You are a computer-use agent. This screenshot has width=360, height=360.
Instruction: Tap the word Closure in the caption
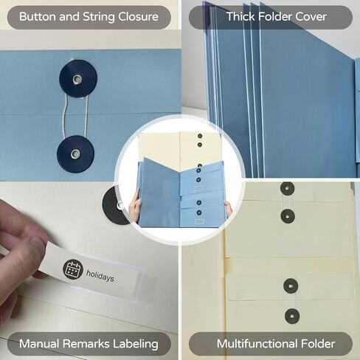coord(138,17)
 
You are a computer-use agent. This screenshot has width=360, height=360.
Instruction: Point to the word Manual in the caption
coord(39,344)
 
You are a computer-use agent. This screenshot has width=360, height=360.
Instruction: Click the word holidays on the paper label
coord(100,276)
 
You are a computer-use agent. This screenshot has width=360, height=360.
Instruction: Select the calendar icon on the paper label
coord(72,269)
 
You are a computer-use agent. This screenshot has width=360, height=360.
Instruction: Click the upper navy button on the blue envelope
coord(78,79)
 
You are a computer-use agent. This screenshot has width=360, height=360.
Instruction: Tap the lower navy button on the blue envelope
coord(75,154)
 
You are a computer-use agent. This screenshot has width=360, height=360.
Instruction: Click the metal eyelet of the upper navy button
coord(77,79)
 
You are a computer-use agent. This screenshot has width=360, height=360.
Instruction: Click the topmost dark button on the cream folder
coord(288,189)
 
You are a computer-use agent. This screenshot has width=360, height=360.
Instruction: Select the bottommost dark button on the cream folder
coord(292,316)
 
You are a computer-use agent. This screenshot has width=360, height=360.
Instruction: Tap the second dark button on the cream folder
coord(288,216)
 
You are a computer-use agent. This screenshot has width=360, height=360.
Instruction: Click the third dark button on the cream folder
coord(291,286)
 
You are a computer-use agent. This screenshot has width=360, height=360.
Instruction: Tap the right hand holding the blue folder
coord(229,209)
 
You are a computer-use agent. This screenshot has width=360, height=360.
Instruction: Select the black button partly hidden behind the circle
coord(113,205)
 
